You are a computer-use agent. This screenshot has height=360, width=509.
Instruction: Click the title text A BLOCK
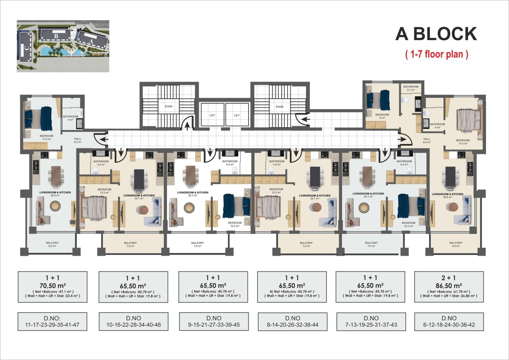coord(436,34)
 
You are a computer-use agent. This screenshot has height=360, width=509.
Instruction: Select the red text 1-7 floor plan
coord(436,54)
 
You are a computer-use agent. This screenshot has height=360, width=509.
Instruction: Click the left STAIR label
coord(168,107)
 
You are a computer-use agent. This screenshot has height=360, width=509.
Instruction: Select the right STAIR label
coord(280,107)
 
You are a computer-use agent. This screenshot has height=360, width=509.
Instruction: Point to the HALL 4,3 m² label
coord(78,140)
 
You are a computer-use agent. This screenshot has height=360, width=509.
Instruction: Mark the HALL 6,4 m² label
coord(427,140)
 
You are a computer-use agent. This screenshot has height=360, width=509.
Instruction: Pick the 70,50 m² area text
coord(52,285)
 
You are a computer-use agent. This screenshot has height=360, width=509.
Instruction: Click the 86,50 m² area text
coord(449,285)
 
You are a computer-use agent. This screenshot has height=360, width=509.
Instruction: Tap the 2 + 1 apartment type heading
coord(449,278)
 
